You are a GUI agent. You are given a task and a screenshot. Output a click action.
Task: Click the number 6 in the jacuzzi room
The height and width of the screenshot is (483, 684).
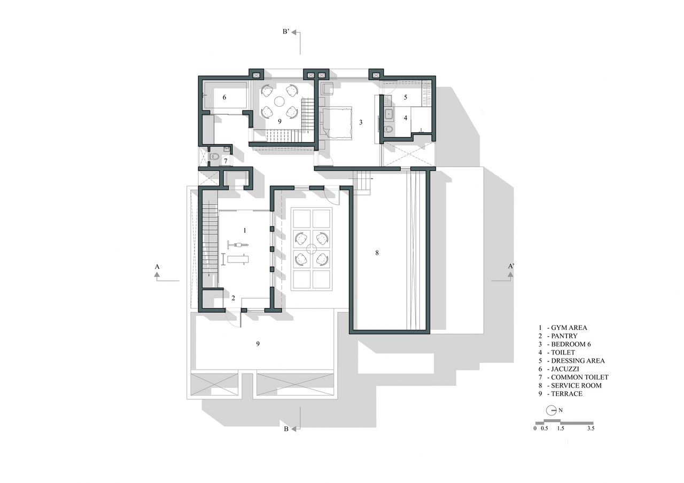pyautogui.click(x=224, y=97)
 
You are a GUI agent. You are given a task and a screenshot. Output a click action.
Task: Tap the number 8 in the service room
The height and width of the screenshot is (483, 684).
pyautogui.click(x=377, y=252)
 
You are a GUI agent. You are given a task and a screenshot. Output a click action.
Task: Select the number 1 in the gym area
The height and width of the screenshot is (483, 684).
pyautogui.click(x=245, y=231)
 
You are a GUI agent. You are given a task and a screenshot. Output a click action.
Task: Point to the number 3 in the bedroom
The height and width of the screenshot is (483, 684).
pyautogui.click(x=361, y=122)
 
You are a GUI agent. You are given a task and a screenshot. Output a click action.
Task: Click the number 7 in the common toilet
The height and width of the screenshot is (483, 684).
pyautogui.click(x=226, y=161)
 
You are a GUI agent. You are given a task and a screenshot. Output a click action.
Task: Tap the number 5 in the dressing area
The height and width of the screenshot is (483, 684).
pyautogui.click(x=406, y=97)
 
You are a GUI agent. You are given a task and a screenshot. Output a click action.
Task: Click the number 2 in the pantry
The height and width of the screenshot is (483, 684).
pyautogui.click(x=234, y=298)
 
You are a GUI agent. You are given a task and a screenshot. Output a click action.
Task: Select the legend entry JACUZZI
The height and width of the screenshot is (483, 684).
pyautogui.click(x=565, y=369)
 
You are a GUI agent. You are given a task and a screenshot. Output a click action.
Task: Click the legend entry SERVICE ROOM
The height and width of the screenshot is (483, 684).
pyautogui.click(x=576, y=385)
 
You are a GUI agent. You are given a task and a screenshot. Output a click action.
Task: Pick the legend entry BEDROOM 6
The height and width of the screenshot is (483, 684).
pyautogui.click(x=571, y=344)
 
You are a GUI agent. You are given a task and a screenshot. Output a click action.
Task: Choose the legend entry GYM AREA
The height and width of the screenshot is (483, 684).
pyautogui.click(x=569, y=328)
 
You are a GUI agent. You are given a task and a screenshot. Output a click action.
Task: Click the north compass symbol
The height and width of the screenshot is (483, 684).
pyautogui.click(x=551, y=410)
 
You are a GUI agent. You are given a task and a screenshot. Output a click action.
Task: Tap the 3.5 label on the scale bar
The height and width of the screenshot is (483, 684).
pyautogui.click(x=590, y=429)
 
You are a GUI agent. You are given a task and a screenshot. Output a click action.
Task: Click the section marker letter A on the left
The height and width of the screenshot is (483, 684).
pyautogui.click(x=157, y=267)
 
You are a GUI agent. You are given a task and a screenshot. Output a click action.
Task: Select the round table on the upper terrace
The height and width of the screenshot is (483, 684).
pyautogui.click(x=279, y=101)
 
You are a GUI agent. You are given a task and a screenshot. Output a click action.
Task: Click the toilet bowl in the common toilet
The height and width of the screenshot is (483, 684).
pyautogui.click(x=215, y=157)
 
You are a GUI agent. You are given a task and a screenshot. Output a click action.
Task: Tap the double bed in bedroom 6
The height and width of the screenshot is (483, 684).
pyautogui.click(x=336, y=123)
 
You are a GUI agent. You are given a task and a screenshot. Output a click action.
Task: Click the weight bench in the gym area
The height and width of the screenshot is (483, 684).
pyautogui.click(x=237, y=259)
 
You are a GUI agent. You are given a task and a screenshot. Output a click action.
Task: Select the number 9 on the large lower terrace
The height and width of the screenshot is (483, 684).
pyautogui.click(x=258, y=344)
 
